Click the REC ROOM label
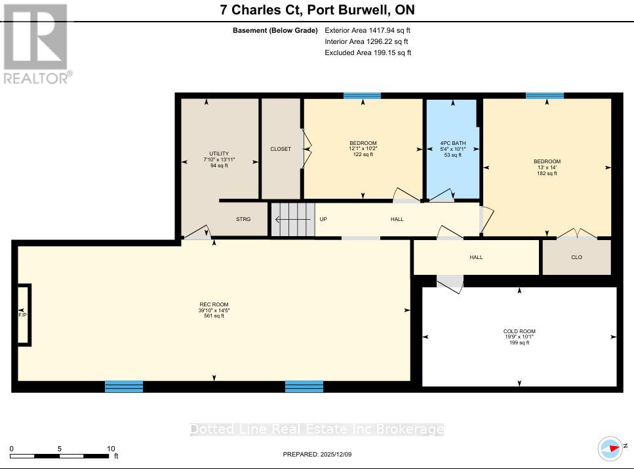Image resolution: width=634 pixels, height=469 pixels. pos(214,304)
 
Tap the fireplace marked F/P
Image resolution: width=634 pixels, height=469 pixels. pos(23,314)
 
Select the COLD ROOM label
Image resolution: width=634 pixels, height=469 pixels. pos(519,331)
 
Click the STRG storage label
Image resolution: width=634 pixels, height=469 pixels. pos(243,219)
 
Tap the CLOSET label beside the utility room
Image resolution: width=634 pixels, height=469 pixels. pos(281,149)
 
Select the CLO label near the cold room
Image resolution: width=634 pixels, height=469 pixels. pos(576,257)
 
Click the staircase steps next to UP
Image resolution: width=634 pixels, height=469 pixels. pos(292,219)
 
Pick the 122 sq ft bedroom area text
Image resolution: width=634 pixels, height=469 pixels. pos(363,155)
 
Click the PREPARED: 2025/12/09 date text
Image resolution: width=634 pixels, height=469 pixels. pos(317,454)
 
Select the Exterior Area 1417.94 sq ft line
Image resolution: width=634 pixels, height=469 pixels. pos(368,30)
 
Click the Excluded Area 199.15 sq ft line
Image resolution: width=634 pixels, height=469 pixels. pos(368,52)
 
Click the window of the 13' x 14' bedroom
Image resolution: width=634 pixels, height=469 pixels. pos(544,96)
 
